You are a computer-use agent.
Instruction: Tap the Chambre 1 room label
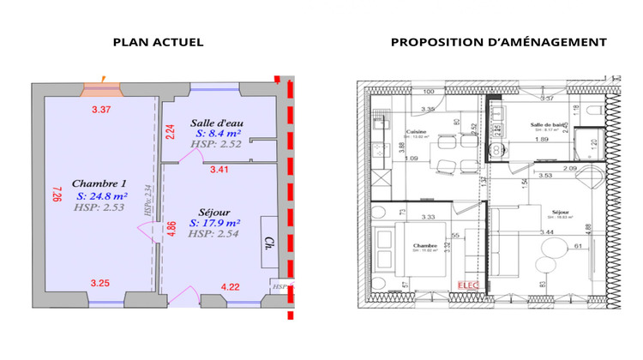99,183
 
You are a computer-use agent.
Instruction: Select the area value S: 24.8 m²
99,195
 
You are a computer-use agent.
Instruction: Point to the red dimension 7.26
56,195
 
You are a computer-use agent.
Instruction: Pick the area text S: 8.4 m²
219,134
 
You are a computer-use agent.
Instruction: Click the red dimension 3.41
220,171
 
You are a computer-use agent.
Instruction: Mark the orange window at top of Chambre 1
102,87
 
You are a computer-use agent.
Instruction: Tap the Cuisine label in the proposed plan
417,131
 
